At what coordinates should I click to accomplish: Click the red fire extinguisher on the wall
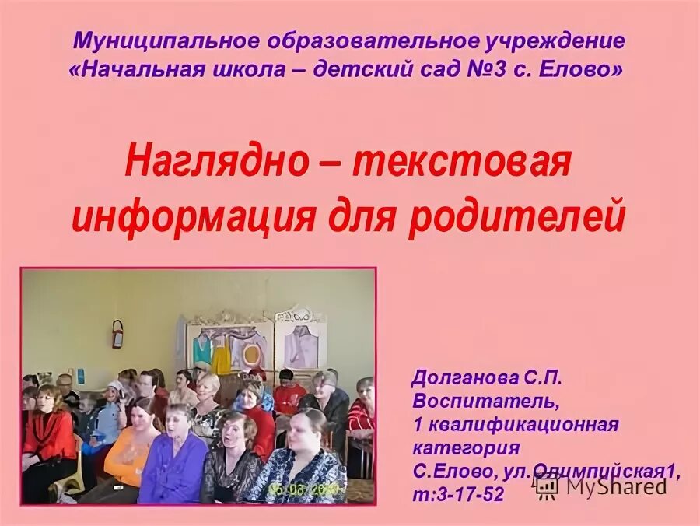click(118, 334)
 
